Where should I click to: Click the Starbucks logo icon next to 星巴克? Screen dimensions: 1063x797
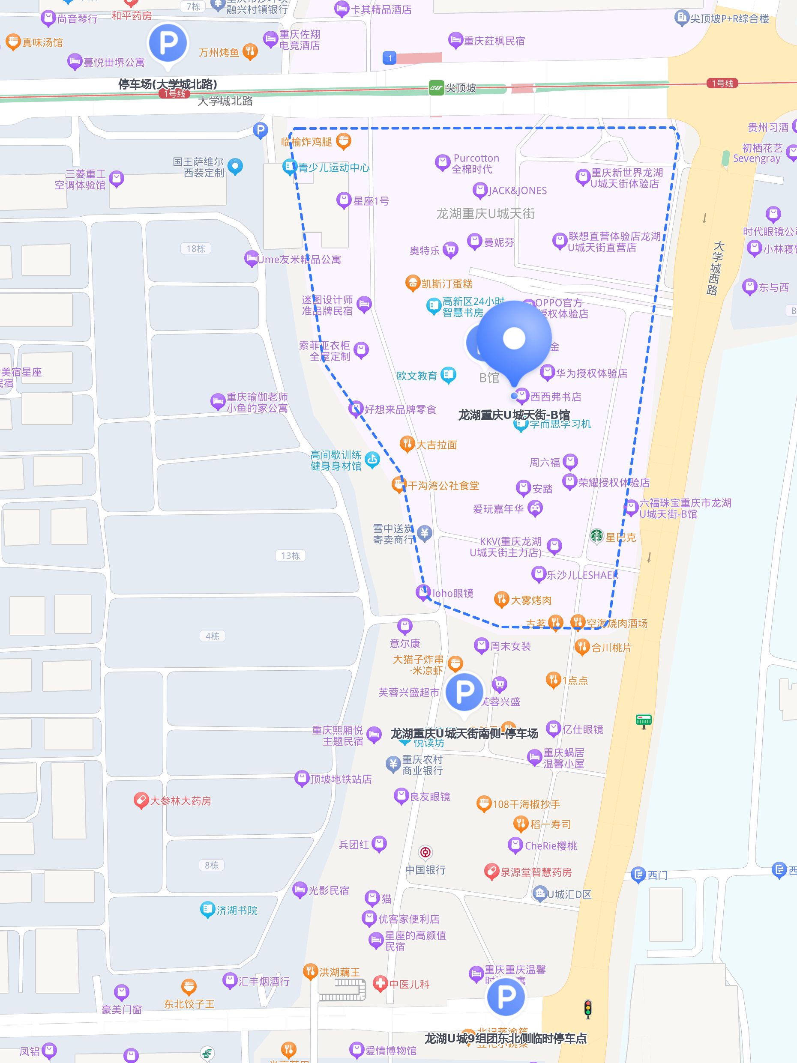click(x=596, y=536)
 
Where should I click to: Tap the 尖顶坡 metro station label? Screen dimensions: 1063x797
click(x=460, y=88)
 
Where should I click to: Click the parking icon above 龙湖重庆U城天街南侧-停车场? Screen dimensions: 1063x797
click(x=464, y=692)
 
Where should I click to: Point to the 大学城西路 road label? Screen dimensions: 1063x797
click(x=715, y=268)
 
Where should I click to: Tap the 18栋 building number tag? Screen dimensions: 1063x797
click(x=196, y=248)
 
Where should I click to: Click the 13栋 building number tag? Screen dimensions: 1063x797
click(x=291, y=555)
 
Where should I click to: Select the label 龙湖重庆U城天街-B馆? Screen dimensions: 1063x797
click(x=514, y=415)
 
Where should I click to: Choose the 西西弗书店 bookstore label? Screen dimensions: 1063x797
click(x=556, y=397)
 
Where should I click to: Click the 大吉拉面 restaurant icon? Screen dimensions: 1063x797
click(x=407, y=444)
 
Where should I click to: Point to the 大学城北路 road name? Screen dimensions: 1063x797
click(x=225, y=102)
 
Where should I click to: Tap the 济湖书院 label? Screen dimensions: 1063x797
click(x=237, y=910)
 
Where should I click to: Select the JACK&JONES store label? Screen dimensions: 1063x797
click(x=518, y=191)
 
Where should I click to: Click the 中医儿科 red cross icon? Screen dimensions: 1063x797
click(x=380, y=983)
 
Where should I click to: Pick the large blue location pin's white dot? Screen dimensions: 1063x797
click(x=514, y=338)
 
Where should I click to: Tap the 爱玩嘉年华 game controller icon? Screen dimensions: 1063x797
click(x=535, y=508)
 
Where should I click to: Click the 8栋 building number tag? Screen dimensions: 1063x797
click(x=212, y=865)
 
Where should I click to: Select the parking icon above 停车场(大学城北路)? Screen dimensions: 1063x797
click(x=168, y=43)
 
